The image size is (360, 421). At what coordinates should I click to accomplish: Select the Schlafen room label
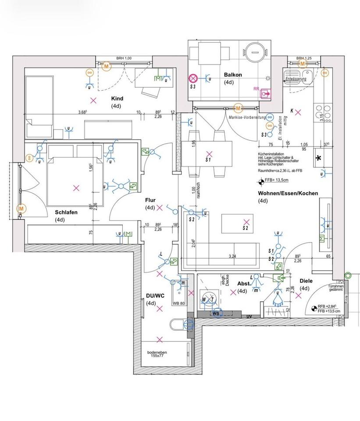coord(66,212)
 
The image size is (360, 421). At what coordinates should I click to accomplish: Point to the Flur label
coord(150,200)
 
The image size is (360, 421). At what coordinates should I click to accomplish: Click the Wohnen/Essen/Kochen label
coord(288,193)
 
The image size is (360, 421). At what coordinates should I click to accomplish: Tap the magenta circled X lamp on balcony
coord(192,78)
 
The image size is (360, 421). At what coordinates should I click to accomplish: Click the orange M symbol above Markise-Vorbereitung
coord(238,108)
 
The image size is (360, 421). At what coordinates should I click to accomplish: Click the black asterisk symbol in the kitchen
coord(318,158)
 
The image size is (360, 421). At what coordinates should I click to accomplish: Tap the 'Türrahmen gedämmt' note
coord(335,288)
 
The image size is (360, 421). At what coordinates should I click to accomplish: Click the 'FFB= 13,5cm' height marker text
coord(276,180)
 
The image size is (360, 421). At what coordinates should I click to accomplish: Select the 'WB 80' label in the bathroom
coord(179,303)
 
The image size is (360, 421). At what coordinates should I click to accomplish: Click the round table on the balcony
coord(254,51)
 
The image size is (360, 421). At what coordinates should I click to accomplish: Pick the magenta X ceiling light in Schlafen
coord(76,188)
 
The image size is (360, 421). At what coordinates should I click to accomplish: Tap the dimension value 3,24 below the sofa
coord(233,255)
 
